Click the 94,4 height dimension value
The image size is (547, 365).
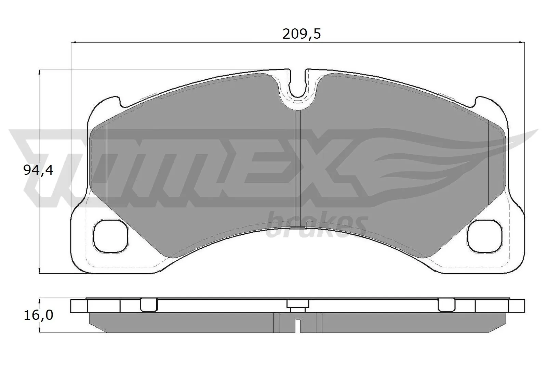click(x=38, y=170)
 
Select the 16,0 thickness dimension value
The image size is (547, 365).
click(x=38, y=315)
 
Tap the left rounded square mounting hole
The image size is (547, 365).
click(x=111, y=236)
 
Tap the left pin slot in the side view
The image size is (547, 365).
click(x=149, y=304)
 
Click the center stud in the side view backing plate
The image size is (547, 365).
click(x=297, y=305)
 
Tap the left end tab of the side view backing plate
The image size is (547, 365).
click(x=79, y=306)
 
